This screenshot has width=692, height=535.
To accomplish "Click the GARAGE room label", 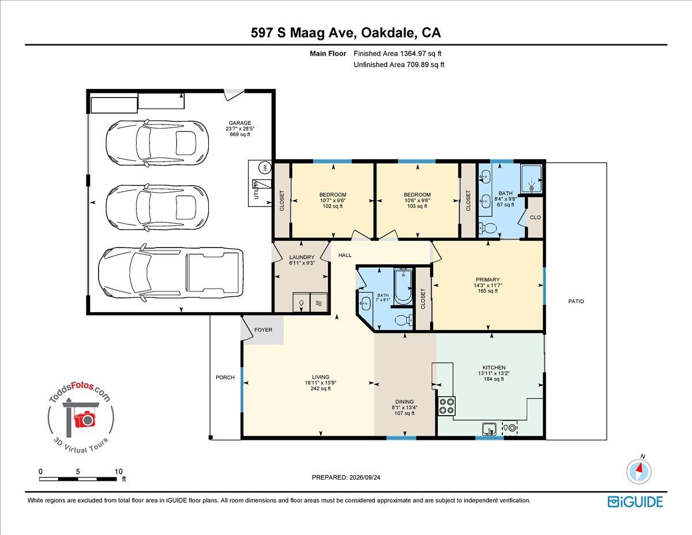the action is click(x=240, y=123).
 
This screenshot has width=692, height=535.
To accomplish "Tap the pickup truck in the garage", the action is click(x=171, y=273).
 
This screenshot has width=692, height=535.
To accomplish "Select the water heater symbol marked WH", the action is click(x=264, y=167).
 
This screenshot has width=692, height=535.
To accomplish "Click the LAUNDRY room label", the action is click(x=302, y=257).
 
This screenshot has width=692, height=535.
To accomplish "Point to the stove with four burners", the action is click(x=447, y=406).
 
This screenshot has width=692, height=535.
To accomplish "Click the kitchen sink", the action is click(x=489, y=429).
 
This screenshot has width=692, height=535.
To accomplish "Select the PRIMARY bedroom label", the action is click(x=487, y=279).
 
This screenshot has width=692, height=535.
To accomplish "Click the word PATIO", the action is click(x=576, y=301).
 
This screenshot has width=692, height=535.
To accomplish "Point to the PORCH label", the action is click(x=225, y=377).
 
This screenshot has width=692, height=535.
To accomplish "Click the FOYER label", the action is click(x=264, y=330).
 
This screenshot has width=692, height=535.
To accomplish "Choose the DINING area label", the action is click(x=404, y=402).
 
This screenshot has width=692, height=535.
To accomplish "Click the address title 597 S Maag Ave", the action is click(x=303, y=33).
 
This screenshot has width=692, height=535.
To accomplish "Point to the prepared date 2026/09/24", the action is click(x=364, y=477).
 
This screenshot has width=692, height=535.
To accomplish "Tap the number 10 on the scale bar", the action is click(x=118, y=472).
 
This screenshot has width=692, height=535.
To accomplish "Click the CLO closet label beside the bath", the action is click(x=535, y=218).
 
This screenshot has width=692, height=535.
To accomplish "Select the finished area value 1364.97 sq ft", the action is click(x=420, y=54).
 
